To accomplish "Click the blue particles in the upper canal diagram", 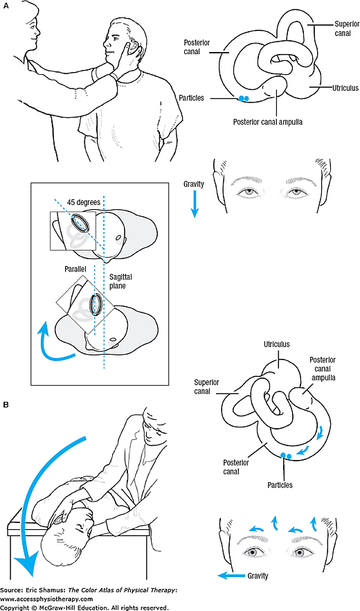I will pyautogui.click(x=243, y=99).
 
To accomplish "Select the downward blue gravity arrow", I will pyautogui.click(x=195, y=206).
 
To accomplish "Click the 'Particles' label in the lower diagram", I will pyautogui.click(x=283, y=485).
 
